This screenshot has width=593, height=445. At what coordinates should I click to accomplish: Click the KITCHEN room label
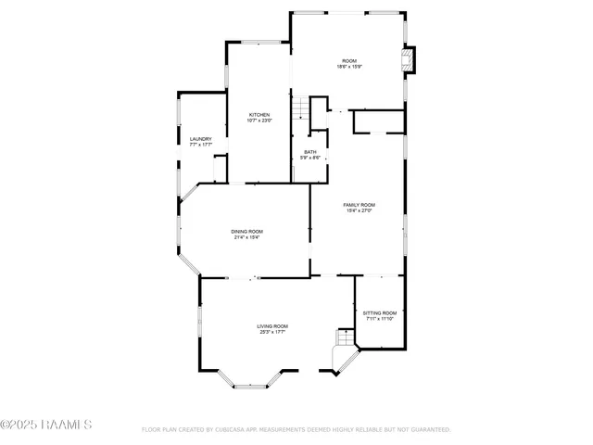click(x=259, y=115)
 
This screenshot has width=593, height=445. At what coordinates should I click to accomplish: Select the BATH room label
click(x=310, y=152)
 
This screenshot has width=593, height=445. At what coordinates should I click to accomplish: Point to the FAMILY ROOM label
click(x=359, y=205)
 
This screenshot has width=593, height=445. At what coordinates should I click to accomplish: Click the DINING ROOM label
click(x=247, y=232)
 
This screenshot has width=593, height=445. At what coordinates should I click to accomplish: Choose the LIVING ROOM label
click(x=272, y=326)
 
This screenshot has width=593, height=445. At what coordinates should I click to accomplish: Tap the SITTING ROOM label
click(x=379, y=313)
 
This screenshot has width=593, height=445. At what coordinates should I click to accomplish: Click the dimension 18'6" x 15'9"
click(x=347, y=67)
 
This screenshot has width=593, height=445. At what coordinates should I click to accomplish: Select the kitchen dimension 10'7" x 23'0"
click(x=259, y=121)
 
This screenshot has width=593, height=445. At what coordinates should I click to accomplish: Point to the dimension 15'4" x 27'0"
click(x=359, y=211)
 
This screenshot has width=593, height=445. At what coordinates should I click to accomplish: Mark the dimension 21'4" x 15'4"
click(x=247, y=238)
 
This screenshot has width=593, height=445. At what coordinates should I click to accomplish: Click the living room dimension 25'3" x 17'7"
click(x=272, y=332)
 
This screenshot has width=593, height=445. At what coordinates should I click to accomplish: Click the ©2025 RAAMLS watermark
click(x=46, y=426)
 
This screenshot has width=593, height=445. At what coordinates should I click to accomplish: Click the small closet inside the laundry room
click(x=220, y=169)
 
